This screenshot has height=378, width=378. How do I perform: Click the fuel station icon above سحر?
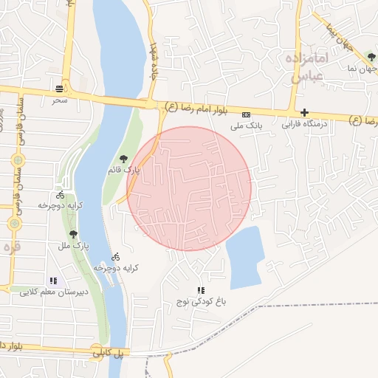(x=58, y=89)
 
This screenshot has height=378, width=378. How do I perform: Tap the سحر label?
(x=59, y=98)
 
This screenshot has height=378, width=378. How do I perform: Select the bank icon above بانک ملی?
(x=246, y=115)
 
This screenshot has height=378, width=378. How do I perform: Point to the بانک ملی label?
(x=246, y=126)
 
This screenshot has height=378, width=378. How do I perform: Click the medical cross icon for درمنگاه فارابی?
(x=304, y=113)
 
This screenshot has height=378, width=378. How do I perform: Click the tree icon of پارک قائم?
(x=123, y=158)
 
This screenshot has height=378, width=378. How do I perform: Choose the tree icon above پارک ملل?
(x=72, y=234)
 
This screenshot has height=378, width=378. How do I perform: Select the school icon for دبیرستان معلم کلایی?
(x=52, y=281)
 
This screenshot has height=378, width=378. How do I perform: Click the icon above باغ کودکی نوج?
(x=200, y=290)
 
